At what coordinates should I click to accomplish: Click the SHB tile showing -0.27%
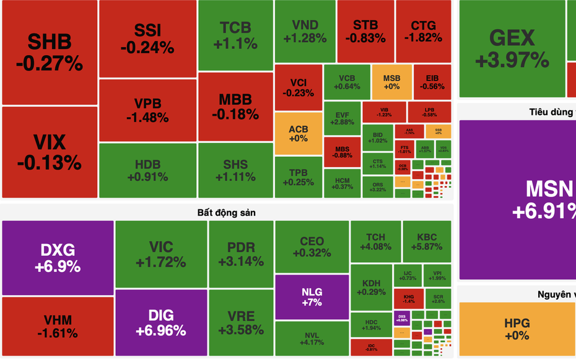[x=50, y=52]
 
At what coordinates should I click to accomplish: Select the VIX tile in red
[x=50, y=152]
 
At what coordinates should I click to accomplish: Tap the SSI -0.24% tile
[x=147, y=38]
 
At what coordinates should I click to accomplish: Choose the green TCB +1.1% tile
[x=235, y=35]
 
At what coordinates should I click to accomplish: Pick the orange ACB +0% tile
[x=298, y=133]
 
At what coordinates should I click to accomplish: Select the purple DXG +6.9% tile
[x=58, y=258]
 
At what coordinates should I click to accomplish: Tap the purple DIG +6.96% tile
[x=161, y=323]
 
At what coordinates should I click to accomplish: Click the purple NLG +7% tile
[x=312, y=297]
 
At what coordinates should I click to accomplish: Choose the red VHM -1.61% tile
[x=58, y=326]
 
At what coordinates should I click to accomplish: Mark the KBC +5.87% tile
[x=427, y=242]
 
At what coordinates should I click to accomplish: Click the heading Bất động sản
[x=227, y=213]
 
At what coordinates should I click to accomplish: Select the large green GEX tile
[x=512, y=48]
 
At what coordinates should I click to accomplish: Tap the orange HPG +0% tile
[x=517, y=329]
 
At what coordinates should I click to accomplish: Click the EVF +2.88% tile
[x=343, y=118]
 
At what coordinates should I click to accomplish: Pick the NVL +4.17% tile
[x=312, y=338]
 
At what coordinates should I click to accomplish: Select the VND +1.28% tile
[x=305, y=31]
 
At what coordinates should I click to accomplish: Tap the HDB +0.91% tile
[x=147, y=170]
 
